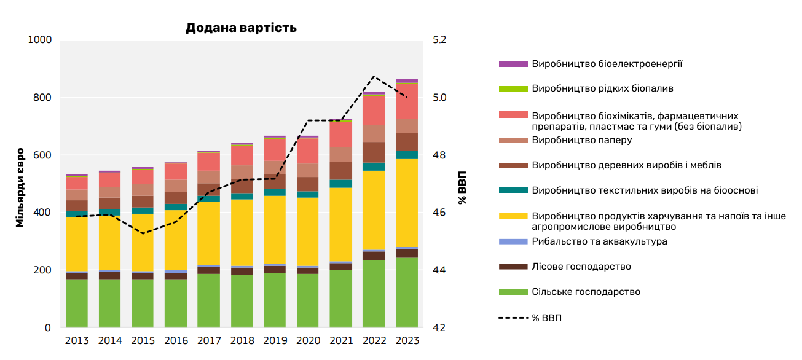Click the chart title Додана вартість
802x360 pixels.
tap(241, 28)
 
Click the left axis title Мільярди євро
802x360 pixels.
tap(20, 187)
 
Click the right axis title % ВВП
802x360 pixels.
tap(462, 187)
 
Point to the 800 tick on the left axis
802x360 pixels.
tap(41, 98)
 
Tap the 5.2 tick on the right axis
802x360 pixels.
tap(439, 40)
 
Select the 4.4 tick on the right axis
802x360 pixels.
tap(439, 270)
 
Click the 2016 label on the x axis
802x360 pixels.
tap(176, 341)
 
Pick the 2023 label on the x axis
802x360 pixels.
tap(407, 341)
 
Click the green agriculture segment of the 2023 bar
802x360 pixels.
tap(407, 292)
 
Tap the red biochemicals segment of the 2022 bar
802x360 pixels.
tap(374, 111)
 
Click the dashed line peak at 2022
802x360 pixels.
tap(374, 76)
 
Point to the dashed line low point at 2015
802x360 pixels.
tap(143, 233)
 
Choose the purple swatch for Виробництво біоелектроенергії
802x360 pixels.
tap(513, 64)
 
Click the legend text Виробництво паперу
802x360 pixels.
tap(582, 140)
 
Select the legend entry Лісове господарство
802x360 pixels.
tap(581, 267)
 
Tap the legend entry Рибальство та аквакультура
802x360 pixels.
tap(599, 241)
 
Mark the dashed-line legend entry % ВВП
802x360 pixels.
tap(547, 318)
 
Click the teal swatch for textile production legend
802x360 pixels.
tap(513, 190)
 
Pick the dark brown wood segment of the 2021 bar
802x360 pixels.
tap(340, 170)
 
